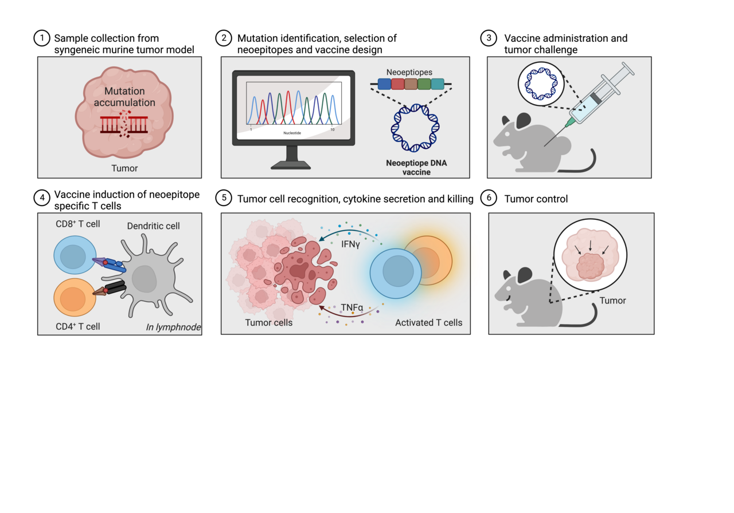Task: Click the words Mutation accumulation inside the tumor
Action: [125, 97]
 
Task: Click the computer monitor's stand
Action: [292, 157]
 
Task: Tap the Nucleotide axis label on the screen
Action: [292, 133]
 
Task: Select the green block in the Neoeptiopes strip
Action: [424, 84]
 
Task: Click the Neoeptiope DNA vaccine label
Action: [416, 167]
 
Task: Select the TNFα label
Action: [353, 308]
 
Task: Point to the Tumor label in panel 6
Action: [612, 301]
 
